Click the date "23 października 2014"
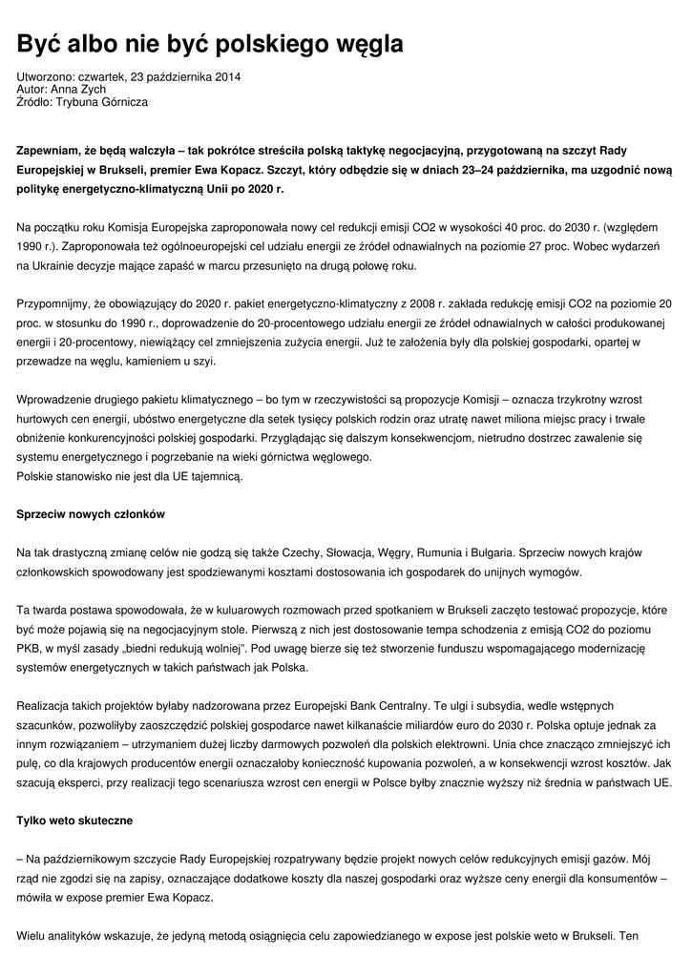coord(185,76)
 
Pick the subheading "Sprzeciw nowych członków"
coord(91,514)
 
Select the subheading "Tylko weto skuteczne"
coord(74,820)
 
